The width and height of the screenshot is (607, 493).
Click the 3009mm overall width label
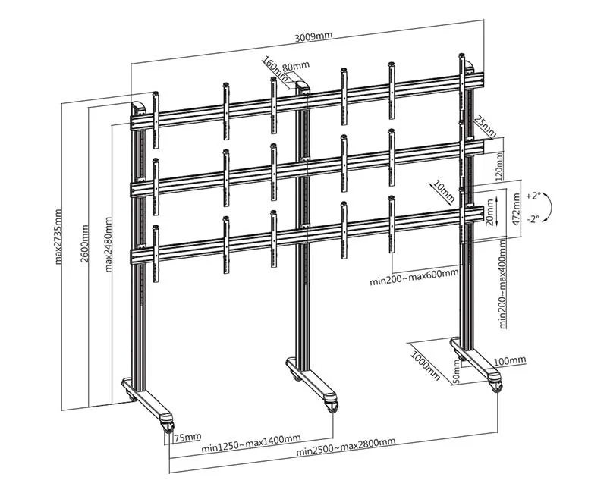pyautogui.click(x=313, y=36)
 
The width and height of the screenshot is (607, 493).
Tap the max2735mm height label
pyautogui.click(x=58, y=237)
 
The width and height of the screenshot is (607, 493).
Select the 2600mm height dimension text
pyautogui.click(x=84, y=243)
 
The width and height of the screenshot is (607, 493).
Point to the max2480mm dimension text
pyautogui.click(x=109, y=244)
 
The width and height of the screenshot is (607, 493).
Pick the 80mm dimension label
pyautogui.click(x=296, y=66)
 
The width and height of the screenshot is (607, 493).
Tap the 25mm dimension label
pyautogui.click(x=485, y=127)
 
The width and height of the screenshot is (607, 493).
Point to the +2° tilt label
pyautogui.click(x=533, y=196)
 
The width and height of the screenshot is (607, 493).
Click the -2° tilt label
pyautogui.click(x=533, y=219)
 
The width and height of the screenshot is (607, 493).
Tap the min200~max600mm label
pyautogui.click(x=414, y=277)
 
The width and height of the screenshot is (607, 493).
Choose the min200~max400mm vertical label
pyautogui.click(x=503, y=284)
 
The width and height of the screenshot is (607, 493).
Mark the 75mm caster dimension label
pyautogui.click(x=187, y=438)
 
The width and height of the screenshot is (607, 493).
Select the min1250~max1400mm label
pyautogui.click(x=251, y=444)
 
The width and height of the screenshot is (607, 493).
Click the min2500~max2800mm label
pyautogui.click(x=346, y=447)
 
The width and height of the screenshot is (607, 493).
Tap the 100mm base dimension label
pyautogui.click(x=510, y=361)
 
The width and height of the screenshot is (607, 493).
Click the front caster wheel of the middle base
pyautogui.click(x=332, y=407)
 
